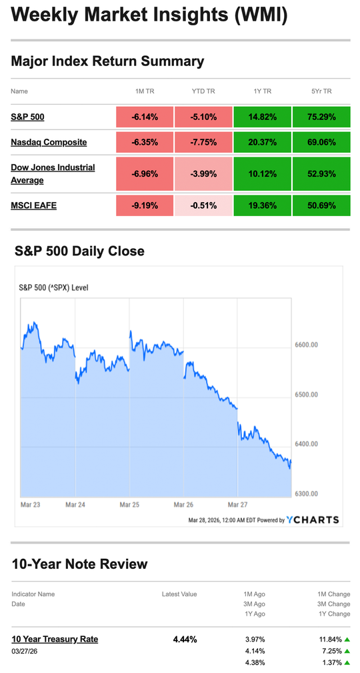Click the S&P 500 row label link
27,117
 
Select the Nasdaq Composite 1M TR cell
145,142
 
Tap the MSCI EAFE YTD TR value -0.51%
203,205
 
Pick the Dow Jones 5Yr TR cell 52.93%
321,174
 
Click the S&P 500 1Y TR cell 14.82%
262,117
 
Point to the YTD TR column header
203,91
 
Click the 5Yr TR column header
321,91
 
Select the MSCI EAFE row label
33,205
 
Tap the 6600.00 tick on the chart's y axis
306,346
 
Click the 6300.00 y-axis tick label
306,494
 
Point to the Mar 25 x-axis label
129,505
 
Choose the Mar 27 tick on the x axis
237,505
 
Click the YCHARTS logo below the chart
313,520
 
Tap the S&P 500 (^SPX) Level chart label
53,288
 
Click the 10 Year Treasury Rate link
55,639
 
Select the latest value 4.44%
185,639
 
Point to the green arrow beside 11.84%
347,639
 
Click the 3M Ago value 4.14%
255,650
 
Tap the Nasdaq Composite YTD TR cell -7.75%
203,142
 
